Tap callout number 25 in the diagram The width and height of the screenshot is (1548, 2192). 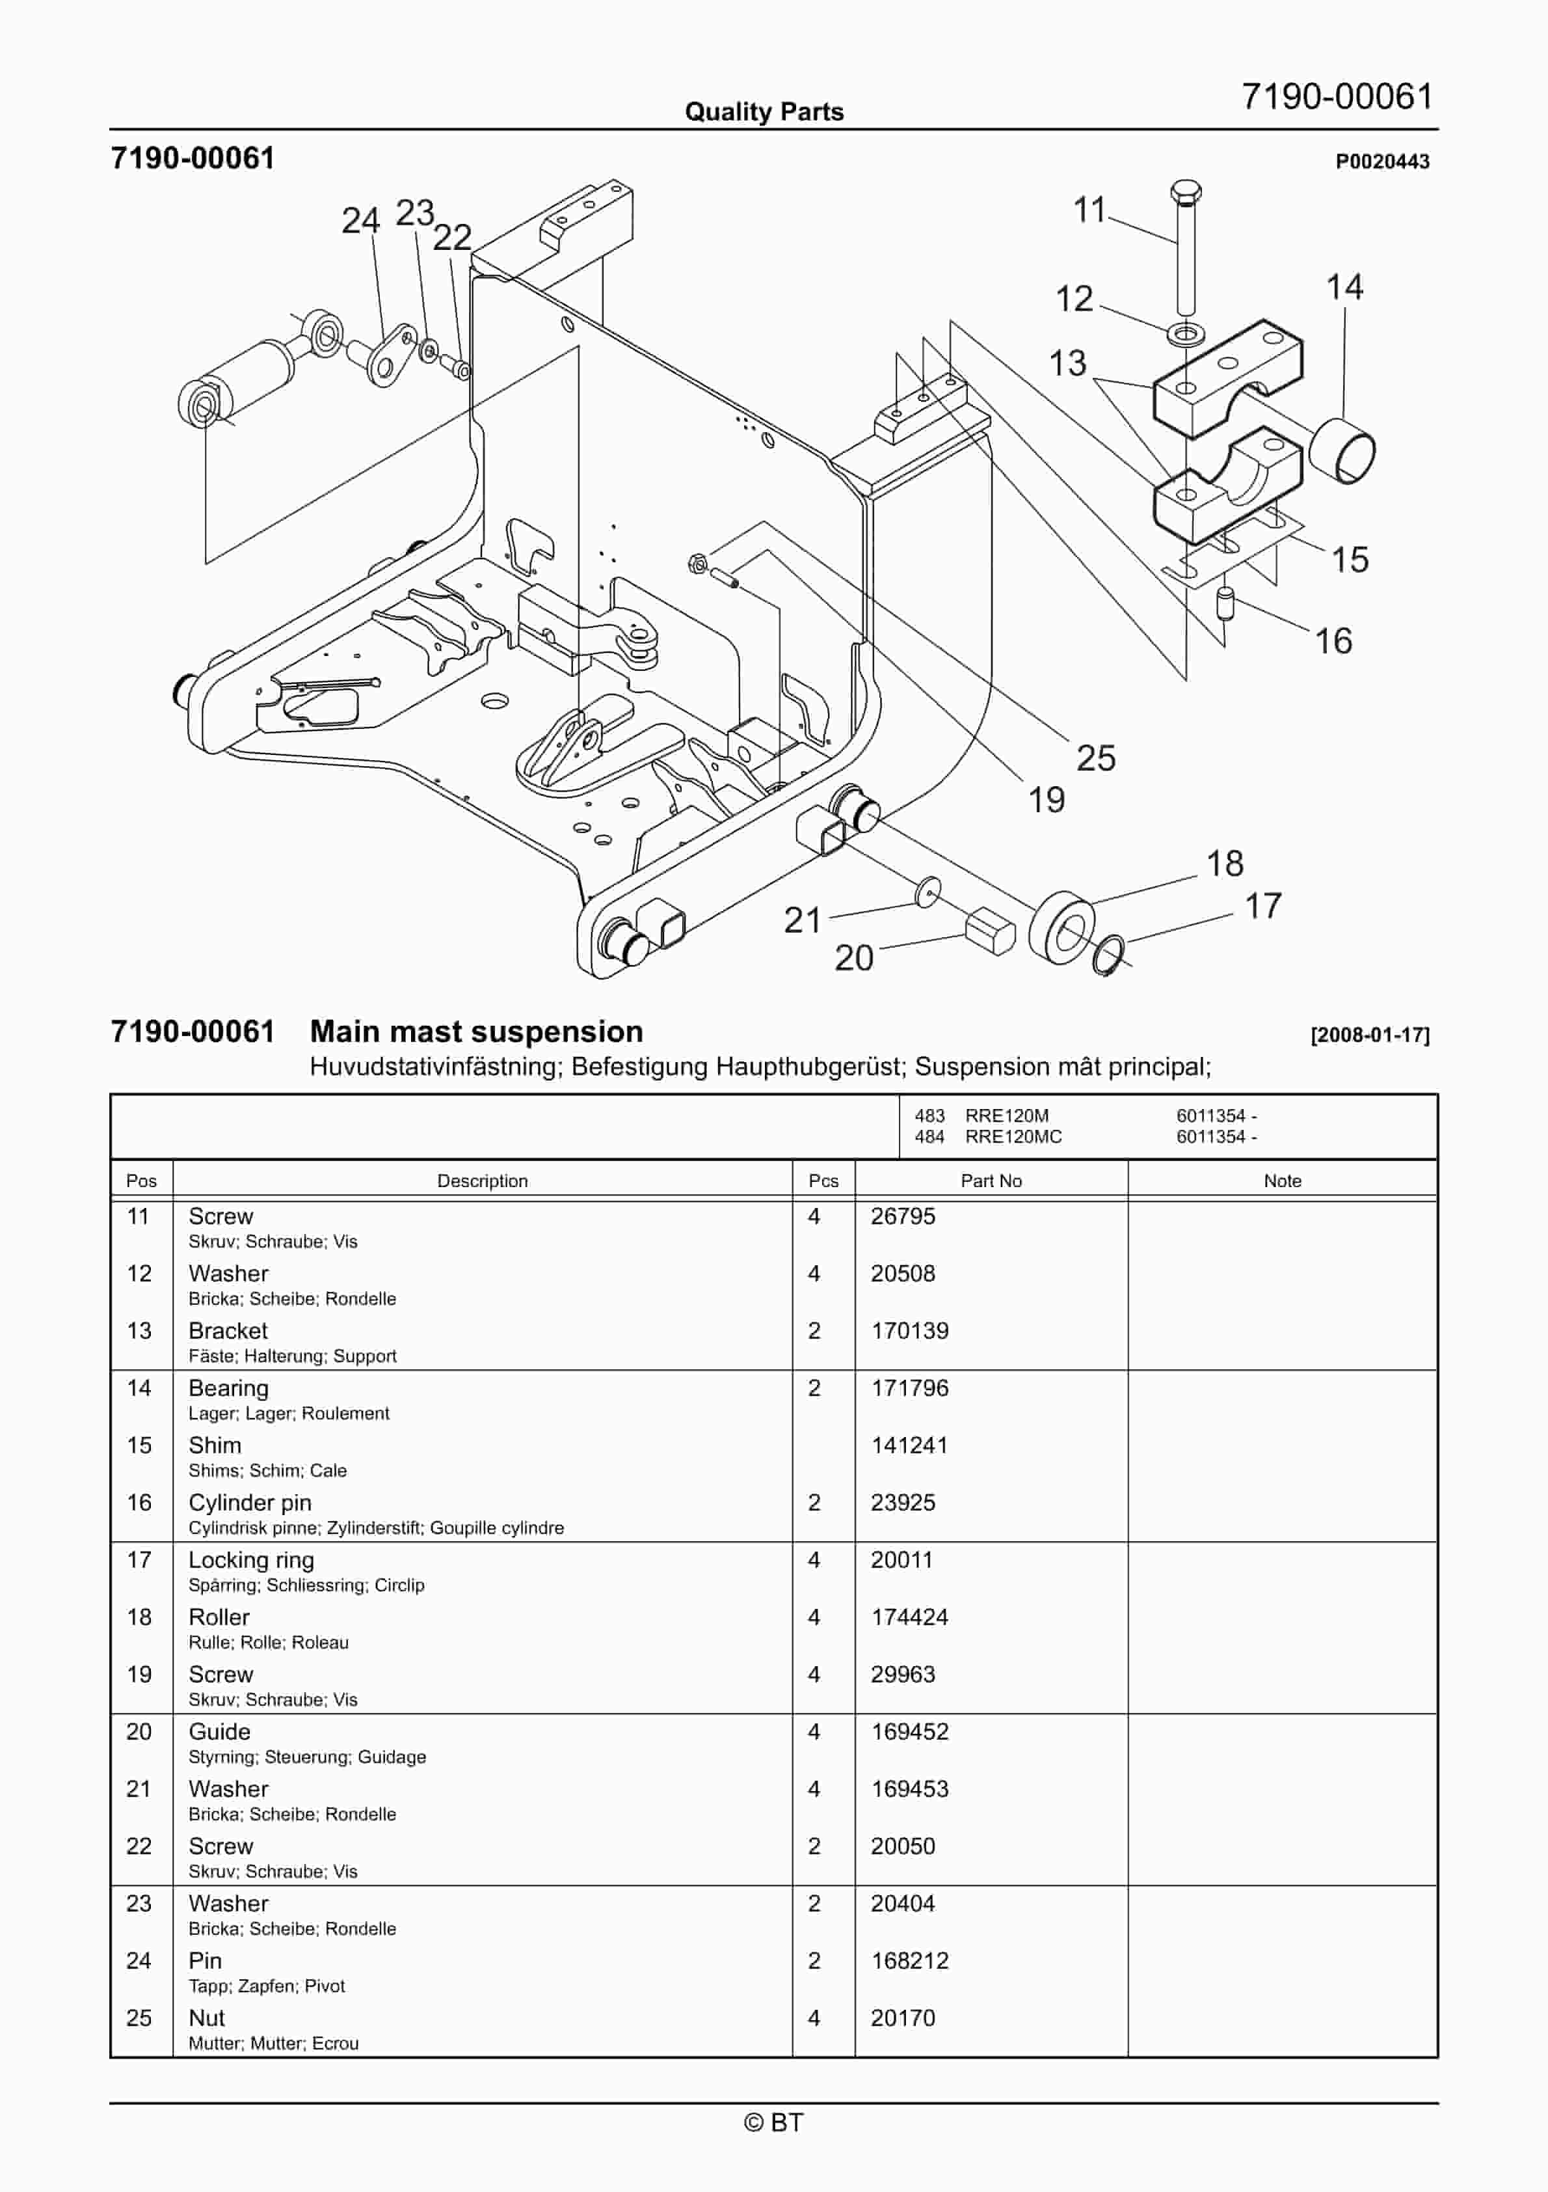(1095, 758)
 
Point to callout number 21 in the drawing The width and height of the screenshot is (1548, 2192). (802, 920)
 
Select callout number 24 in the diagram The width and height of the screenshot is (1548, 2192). (361, 221)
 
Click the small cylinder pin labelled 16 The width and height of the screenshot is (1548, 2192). (1227, 603)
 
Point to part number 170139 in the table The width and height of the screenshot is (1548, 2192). (909, 1331)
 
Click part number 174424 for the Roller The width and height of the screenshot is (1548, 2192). (909, 1617)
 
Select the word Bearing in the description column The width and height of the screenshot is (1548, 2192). (228, 1388)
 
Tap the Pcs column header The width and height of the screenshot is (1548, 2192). (823, 1181)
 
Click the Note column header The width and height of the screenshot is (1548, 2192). (1282, 1181)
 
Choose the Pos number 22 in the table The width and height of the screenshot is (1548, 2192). (139, 1846)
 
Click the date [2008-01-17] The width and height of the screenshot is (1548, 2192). (1370, 1035)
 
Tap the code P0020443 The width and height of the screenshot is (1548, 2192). (1382, 161)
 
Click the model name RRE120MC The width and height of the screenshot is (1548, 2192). (1013, 1136)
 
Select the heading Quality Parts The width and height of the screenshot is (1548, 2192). (764, 112)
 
